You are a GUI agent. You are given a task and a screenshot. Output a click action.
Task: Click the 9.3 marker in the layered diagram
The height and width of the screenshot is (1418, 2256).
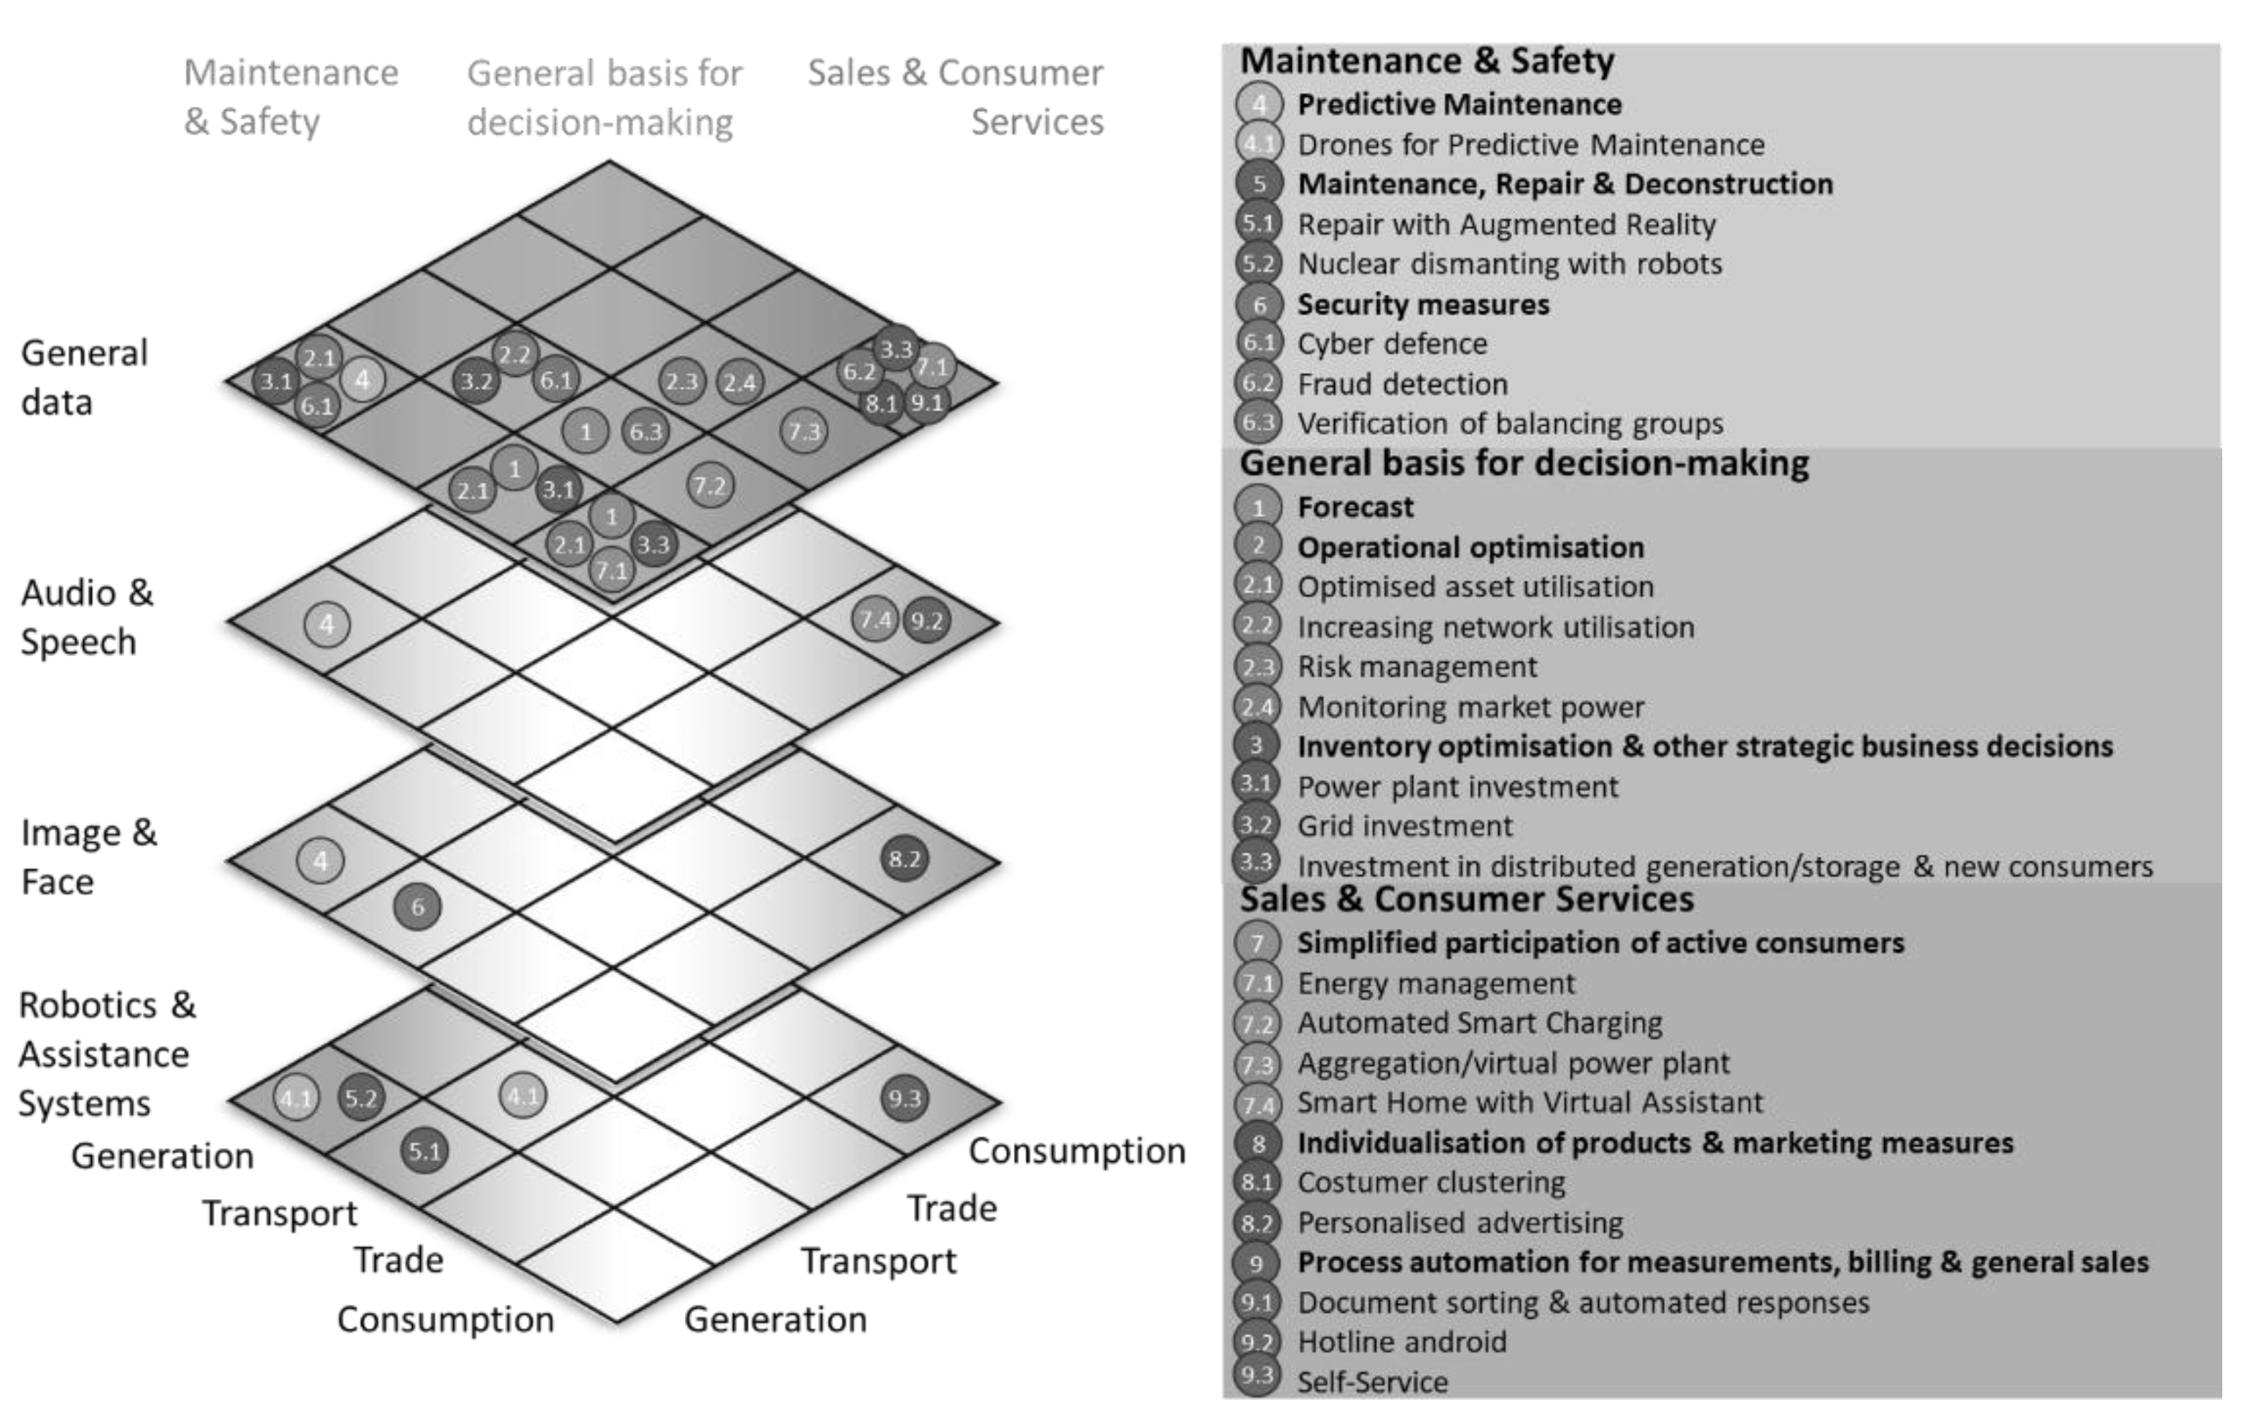tap(904, 1099)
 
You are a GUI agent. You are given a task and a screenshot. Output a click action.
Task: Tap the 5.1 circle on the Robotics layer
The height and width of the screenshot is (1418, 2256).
tap(424, 1150)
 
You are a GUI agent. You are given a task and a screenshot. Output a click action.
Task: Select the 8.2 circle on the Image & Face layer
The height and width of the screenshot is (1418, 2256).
tap(904, 859)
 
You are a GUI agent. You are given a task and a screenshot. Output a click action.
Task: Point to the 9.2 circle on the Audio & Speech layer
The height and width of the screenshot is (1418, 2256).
tap(926, 620)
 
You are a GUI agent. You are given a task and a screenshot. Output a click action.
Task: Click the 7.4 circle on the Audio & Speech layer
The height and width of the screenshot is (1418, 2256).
tap(875, 619)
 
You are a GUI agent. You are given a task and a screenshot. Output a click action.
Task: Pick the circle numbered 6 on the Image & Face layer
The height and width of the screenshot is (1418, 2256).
tap(417, 907)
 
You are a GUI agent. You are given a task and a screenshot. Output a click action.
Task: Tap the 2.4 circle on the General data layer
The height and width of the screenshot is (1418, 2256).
tap(740, 382)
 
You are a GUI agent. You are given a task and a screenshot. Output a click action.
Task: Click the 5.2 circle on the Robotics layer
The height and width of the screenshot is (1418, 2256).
tap(360, 1098)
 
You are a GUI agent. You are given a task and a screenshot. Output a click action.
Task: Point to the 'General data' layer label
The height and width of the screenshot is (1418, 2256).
tap(84, 378)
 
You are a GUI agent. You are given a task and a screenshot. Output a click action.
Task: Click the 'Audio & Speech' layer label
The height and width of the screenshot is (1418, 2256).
tap(86, 617)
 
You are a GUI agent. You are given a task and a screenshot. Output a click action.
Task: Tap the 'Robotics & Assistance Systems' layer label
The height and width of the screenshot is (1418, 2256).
tap(106, 1054)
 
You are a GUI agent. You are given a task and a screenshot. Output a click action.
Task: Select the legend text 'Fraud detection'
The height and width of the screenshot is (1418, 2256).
tap(1402, 384)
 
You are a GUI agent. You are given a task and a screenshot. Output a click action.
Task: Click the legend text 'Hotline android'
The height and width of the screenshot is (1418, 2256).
tap(1402, 1342)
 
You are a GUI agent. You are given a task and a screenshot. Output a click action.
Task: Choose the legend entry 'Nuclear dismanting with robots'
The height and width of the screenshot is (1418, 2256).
tap(1509, 264)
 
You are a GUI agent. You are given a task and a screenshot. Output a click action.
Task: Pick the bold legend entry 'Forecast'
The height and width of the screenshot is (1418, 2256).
tap(1355, 508)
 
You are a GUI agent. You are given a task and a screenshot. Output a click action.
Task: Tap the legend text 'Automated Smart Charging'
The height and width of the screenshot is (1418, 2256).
tap(1479, 1023)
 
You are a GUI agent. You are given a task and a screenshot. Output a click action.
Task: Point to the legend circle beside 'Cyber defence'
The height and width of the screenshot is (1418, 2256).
tap(1258, 342)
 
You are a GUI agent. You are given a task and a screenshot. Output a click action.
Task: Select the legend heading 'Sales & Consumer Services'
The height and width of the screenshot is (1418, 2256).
tap(1466, 899)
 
